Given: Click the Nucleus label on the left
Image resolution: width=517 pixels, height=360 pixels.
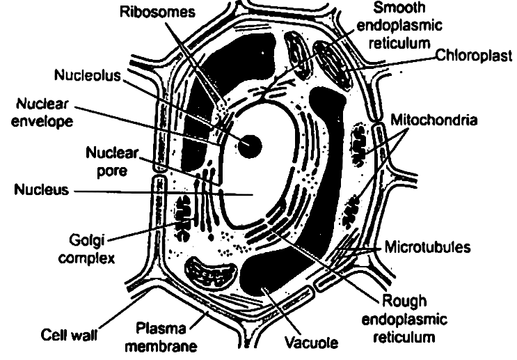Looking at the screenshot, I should [x=41, y=189].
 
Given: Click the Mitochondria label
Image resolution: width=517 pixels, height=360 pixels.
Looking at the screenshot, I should [x=433, y=120].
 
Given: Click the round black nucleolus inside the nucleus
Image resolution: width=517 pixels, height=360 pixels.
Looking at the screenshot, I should [x=249, y=145].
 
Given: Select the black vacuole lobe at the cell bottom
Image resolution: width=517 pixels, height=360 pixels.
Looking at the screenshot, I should [x=278, y=279].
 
